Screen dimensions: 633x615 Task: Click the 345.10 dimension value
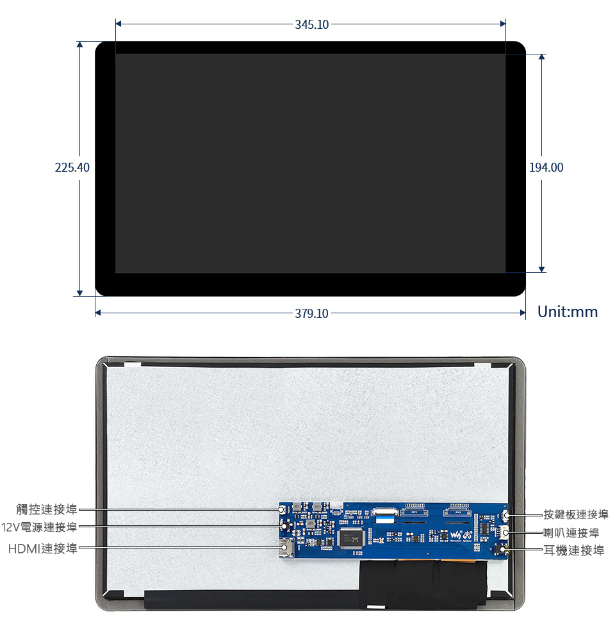(311, 24)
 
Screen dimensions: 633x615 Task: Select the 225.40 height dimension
(72, 168)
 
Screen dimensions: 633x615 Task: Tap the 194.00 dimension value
(546, 168)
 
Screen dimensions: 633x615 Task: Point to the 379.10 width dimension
(311, 313)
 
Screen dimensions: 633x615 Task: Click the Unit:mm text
(567, 312)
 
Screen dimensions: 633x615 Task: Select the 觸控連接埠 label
(47, 509)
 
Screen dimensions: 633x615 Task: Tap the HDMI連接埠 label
(42, 548)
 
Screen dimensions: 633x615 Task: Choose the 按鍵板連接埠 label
(576, 514)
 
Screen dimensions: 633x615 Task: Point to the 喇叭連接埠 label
(571, 532)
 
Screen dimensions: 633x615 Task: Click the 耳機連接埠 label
(573, 550)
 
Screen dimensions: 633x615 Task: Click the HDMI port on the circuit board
(286, 548)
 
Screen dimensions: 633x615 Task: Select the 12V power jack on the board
(284, 526)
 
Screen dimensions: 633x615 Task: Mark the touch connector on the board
(283, 509)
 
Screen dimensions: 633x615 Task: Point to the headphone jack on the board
(503, 550)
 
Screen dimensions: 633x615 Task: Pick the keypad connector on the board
(505, 514)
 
